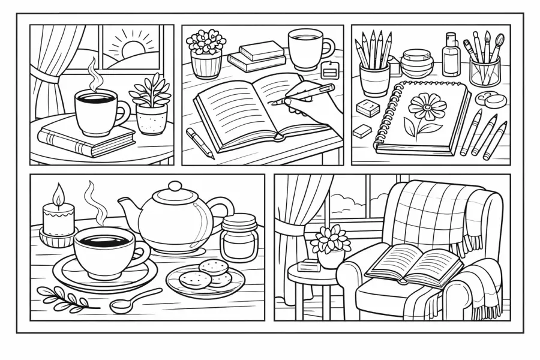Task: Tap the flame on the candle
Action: pos(59,194)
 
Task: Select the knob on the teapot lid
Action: pos(175,187)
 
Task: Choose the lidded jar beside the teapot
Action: pos(238,238)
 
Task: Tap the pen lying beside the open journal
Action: pos(199,143)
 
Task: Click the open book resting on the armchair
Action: pos(414,264)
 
